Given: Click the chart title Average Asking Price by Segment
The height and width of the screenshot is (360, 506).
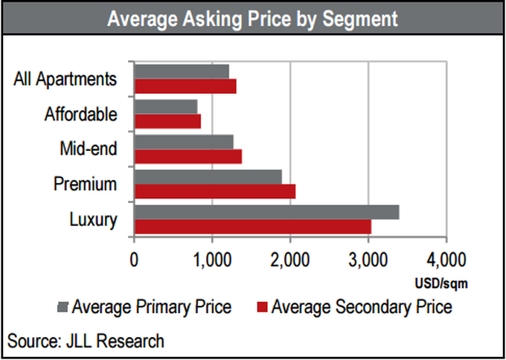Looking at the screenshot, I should point(252,19).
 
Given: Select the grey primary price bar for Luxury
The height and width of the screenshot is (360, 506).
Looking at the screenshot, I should point(266,212).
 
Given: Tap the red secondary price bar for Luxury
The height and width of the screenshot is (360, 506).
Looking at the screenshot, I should point(252,226).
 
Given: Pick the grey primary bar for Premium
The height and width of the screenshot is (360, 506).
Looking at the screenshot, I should point(208,177).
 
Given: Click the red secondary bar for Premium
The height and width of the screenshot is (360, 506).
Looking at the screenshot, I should point(214,191).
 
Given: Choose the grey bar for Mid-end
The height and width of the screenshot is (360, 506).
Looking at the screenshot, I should point(183,141).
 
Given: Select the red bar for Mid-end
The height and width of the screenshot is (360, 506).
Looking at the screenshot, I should point(188,155).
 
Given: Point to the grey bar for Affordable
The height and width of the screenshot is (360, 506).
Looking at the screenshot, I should point(165,106).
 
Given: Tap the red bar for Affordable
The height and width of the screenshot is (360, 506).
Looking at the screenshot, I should point(167,120).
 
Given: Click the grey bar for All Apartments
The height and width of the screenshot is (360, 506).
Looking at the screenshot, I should point(181,71).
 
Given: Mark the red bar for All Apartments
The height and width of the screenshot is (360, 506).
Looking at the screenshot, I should point(185,86).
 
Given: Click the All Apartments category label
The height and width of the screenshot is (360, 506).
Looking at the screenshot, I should point(65,79).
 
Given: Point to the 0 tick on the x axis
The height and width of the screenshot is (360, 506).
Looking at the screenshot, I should point(134,260).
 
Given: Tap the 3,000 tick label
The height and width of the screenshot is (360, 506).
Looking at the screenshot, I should point(368,260).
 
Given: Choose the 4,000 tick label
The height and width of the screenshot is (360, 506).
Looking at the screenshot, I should point(446,260).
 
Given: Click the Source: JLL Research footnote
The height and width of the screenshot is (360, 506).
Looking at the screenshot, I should point(86,341).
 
